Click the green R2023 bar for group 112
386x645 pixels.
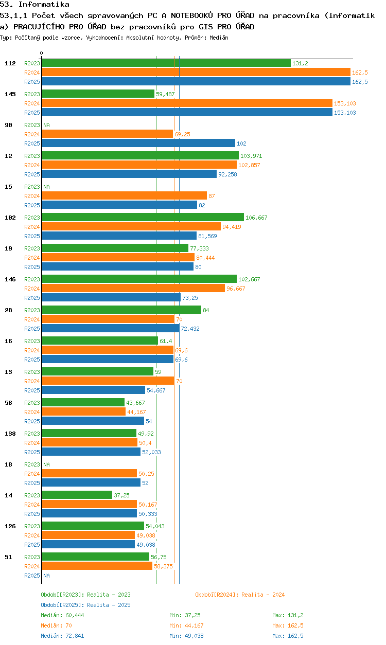[x=166, y=63]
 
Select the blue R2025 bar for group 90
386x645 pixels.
[x=138, y=143]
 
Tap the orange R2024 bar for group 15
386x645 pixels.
[x=125, y=195]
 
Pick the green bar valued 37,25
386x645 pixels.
[x=77, y=495]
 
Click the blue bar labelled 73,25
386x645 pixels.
[x=111, y=297]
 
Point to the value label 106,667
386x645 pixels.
[x=256, y=218]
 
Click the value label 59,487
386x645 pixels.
[x=165, y=94]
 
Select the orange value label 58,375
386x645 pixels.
[x=163, y=566]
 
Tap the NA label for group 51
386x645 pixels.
[x=46, y=576]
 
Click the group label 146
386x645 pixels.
[x=10, y=279]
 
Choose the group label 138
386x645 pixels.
[x=10, y=434]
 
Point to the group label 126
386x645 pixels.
[x=10, y=526]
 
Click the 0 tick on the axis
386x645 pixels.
[x=42, y=53]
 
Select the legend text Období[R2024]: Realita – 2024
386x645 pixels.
[x=240, y=595]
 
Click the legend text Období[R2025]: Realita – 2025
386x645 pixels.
[x=85, y=605]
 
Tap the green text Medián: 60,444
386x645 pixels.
[x=62, y=615]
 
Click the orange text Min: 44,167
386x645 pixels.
[x=186, y=625]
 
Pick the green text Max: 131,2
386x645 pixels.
[x=288, y=615]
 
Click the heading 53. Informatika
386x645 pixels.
[x=34, y=4]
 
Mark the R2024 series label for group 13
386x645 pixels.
[x=32, y=381]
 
